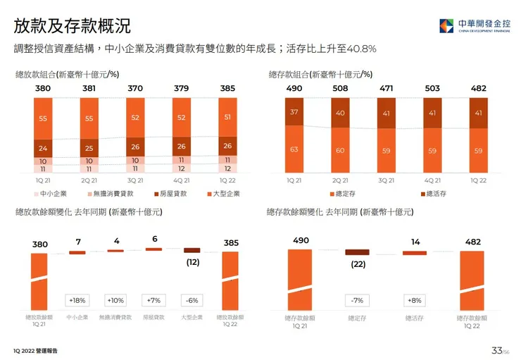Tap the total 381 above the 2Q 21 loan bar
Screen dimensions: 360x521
89,89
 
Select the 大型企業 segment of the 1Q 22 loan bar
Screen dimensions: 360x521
227,118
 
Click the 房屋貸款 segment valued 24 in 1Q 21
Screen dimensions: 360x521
43,149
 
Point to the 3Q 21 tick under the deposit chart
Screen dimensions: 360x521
386,180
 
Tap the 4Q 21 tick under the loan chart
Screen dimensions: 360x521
182,180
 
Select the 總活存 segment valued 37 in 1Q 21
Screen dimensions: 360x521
294,112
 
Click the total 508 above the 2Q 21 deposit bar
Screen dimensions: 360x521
339,89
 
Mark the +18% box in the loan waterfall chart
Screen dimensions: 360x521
77,300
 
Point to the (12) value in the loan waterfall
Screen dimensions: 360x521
192,262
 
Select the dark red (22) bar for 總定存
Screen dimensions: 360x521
357,252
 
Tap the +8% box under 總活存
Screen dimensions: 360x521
415,300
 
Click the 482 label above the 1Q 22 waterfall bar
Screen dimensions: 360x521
473,242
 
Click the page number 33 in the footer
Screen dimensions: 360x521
496,350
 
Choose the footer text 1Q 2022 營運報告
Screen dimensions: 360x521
35,351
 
